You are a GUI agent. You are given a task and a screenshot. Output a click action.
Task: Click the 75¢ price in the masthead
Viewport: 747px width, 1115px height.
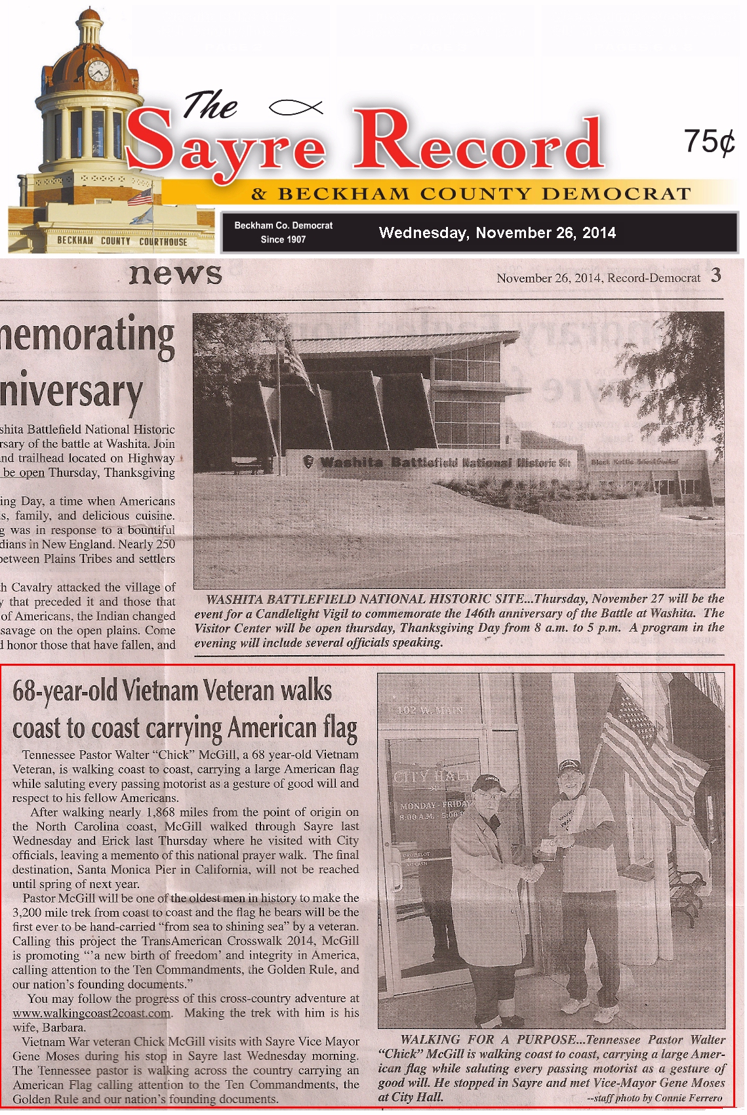(709, 140)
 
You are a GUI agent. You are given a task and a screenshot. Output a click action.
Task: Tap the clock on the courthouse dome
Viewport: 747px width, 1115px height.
(98, 70)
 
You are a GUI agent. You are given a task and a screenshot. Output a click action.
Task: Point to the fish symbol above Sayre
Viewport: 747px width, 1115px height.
(296, 106)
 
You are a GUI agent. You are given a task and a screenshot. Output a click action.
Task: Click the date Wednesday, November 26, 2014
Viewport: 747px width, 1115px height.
(497, 233)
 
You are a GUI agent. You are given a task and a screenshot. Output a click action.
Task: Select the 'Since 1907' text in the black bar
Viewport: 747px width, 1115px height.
(283, 239)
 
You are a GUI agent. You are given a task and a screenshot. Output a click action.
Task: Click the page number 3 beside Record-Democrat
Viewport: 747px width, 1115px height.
(716, 275)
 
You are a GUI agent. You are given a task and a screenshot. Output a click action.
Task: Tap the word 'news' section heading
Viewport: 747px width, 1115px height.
(175, 274)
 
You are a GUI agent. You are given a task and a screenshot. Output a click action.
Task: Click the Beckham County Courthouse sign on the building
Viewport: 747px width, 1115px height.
(122, 241)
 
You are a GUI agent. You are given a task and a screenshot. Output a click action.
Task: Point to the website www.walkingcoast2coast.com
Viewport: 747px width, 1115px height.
(92, 1013)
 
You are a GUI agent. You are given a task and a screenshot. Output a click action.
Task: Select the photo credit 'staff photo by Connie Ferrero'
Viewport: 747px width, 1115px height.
(656, 1098)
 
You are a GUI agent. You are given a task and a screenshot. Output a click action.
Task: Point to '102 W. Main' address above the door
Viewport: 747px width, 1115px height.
(430, 710)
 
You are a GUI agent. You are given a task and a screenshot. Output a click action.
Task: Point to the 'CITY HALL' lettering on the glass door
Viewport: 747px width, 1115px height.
(431, 778)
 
